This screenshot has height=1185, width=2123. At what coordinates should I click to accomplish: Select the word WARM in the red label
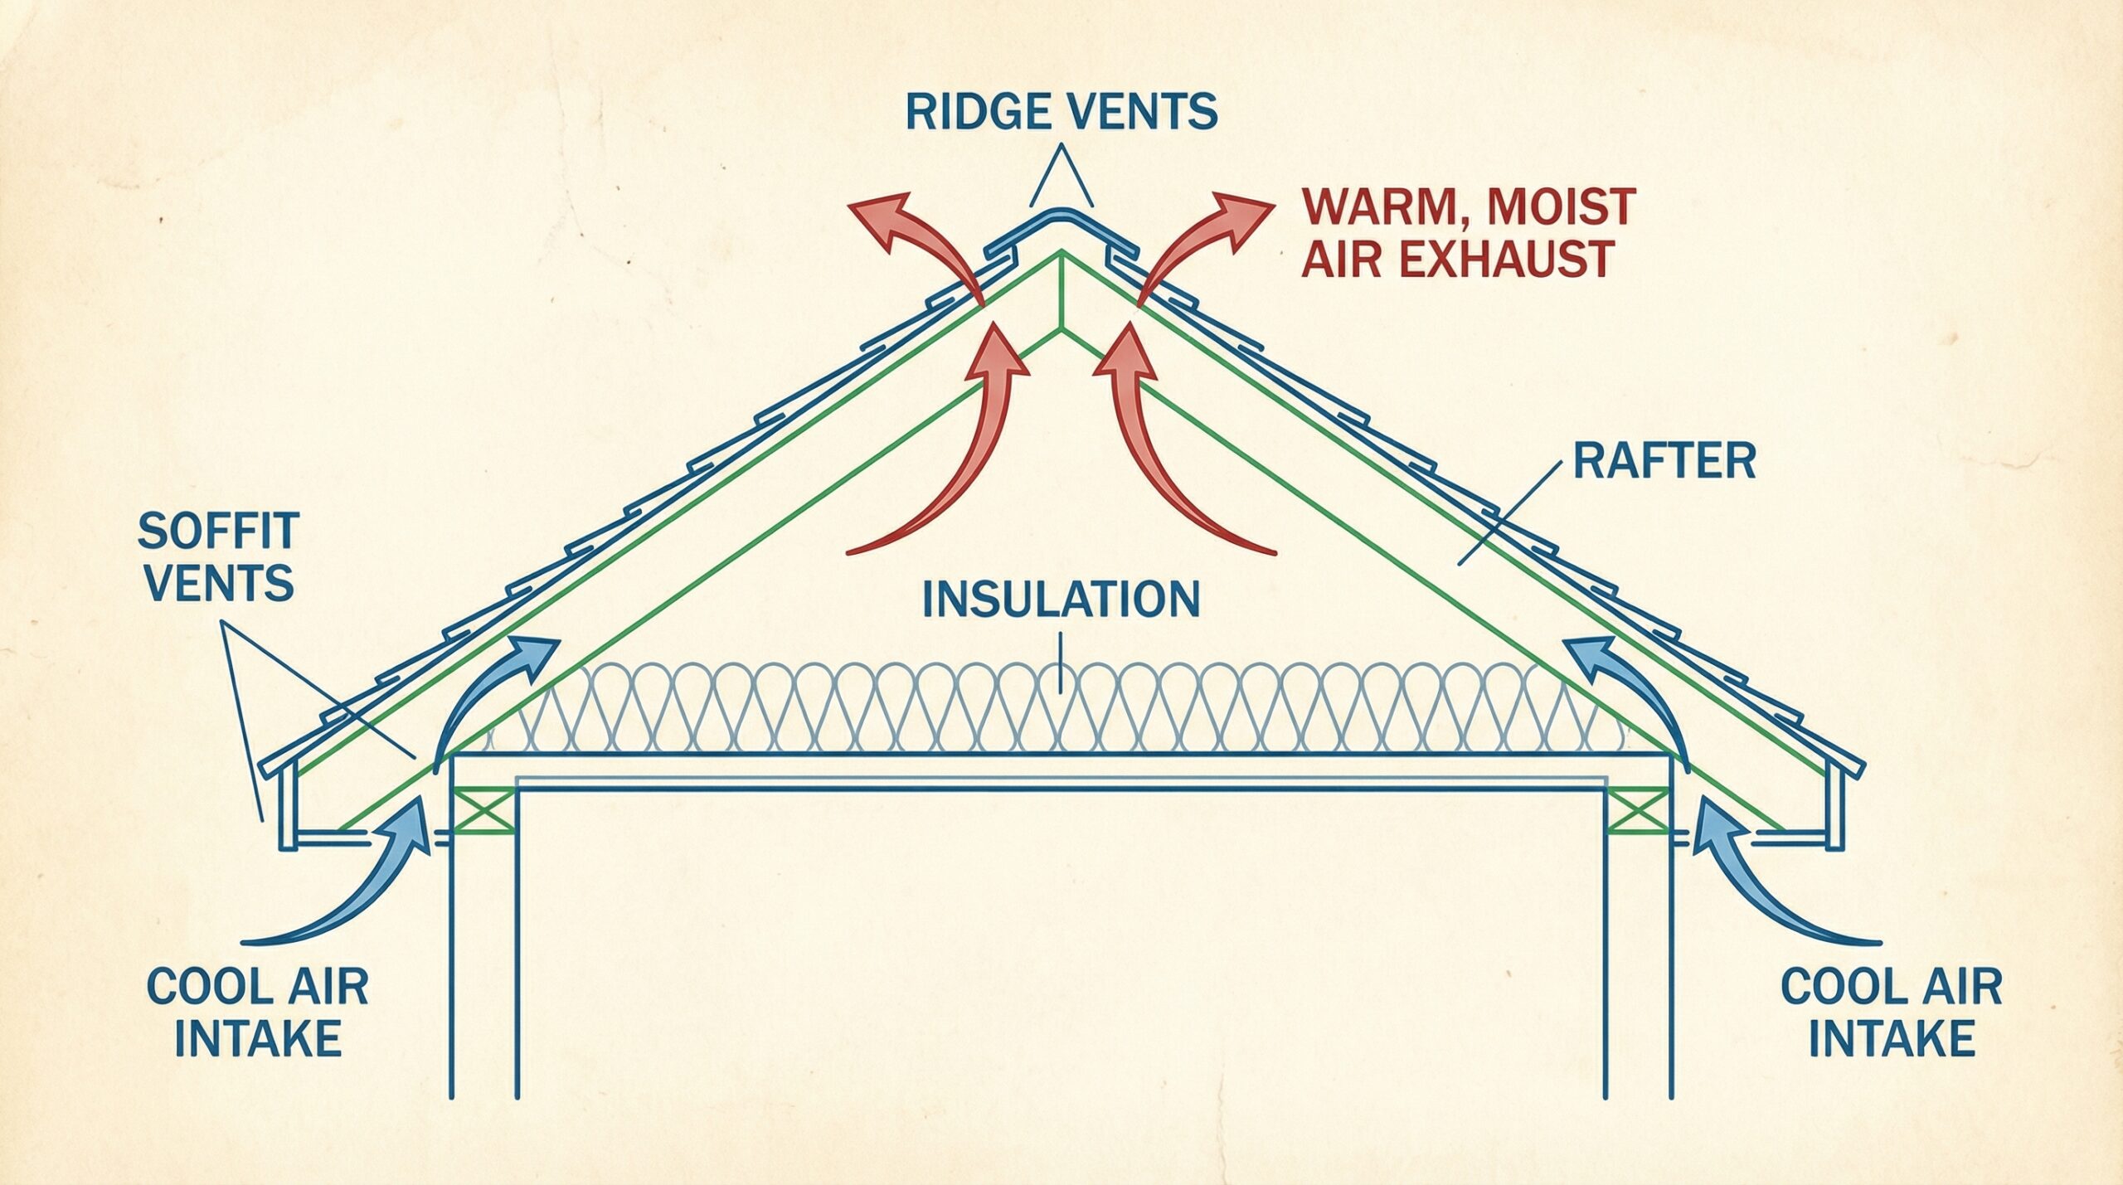pyautogui.click(x=1365, y=206)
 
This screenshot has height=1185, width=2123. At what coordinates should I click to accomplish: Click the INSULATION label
pyautogui.click(x=1061, y=599)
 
